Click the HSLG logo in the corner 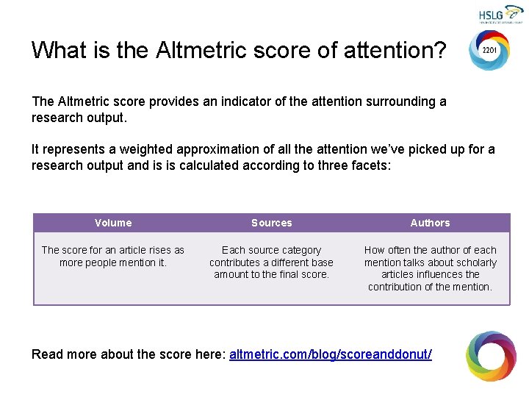[x=500, y=15]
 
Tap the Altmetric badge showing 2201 [x=489, y=51]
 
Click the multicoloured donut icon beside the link [x=491, y=356]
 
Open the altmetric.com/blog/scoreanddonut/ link [x=331, y=354]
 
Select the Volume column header [x=113, y=223]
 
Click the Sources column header [x=271, y=223]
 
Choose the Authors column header [x=430, y=223]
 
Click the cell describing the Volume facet [x=113, y=257]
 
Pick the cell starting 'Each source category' [x=271, y=262]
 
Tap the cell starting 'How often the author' [x=430, y=268]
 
